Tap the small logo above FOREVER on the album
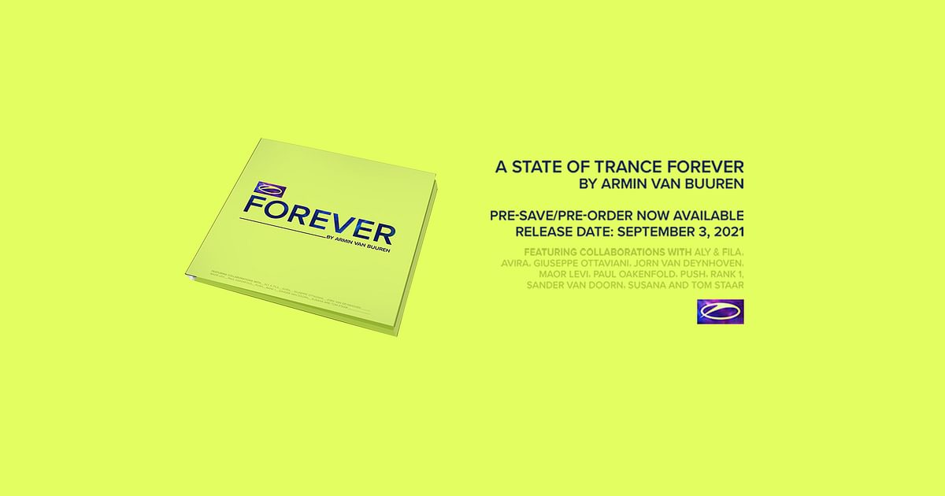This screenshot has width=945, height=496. (258, 189)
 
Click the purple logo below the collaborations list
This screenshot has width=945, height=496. (721, 311)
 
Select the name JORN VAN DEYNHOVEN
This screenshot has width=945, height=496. (695, 261)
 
